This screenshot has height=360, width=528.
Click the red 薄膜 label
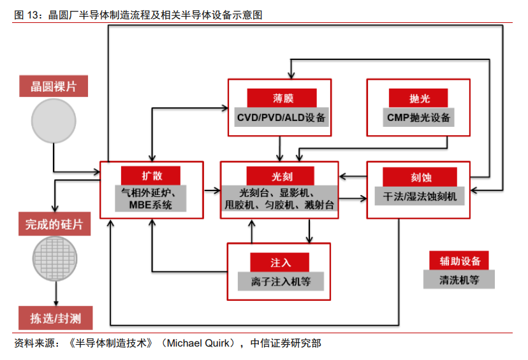click(279, 98)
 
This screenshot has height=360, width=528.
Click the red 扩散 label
click(151, 175)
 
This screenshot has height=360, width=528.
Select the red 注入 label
click(280, 262)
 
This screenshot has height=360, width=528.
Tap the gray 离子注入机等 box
click(279, 281)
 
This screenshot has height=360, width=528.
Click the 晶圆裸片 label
click(54, 86)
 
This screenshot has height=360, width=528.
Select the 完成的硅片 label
click(54, 224)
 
